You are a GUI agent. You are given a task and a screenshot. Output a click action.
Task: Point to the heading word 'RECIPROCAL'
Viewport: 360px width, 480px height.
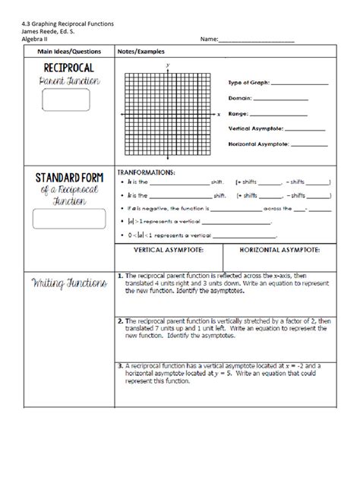(x=64, y=68)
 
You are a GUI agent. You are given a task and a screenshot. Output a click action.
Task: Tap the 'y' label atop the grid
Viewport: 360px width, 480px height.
(x=167, y=66)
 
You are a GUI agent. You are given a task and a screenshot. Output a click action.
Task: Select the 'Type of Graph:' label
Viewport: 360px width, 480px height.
(x=250, y=83)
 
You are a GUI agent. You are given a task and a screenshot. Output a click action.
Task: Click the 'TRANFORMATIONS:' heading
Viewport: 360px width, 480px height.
(x=147, y=172)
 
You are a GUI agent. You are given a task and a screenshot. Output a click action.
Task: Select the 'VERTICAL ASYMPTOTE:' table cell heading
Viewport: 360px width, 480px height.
(x=169, y=249)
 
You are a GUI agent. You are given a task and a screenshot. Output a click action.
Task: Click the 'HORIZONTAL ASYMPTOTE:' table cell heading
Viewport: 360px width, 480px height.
(x=279, y=249)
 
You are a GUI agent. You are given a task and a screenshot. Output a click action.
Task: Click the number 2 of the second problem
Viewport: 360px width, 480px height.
(x=121, y=321)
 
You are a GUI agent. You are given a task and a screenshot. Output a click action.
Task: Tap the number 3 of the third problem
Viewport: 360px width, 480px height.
(x=121, y=365)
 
